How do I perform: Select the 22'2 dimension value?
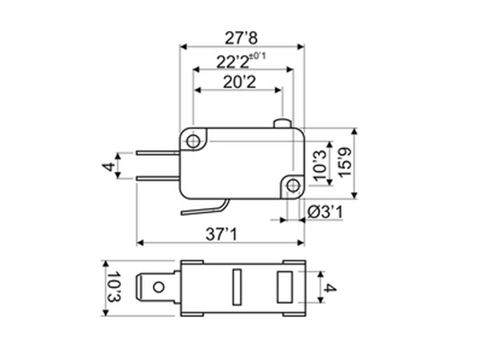click(x=231, y=61)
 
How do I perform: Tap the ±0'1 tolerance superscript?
click(x=258, y=55)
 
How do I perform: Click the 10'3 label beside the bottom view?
click(x=113, y=287)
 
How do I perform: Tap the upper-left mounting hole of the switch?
click(x=193, y=141)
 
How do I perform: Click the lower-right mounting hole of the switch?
click(x=293, y=186)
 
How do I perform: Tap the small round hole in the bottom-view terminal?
click(x=160, y=286)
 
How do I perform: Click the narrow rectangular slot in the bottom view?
click(x=236, y=286)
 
